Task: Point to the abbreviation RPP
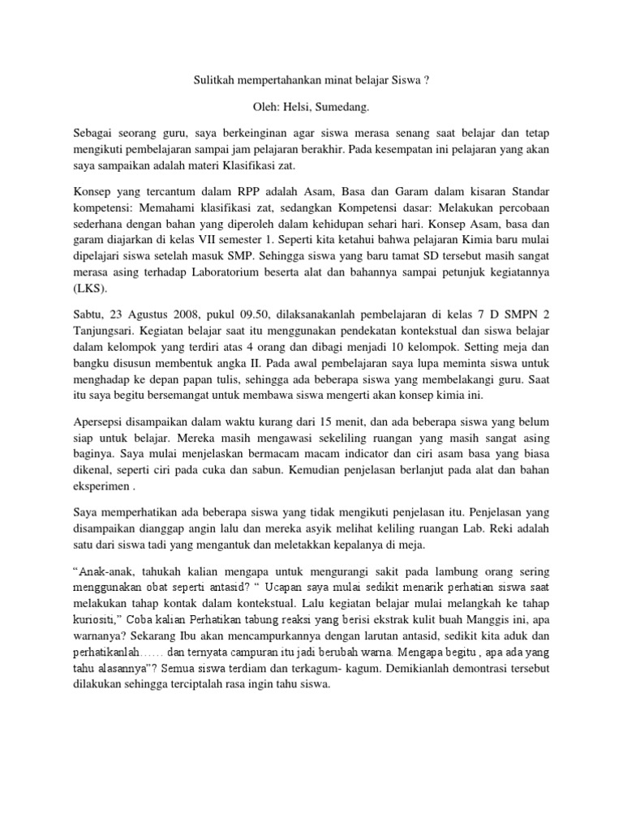(231, 191)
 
